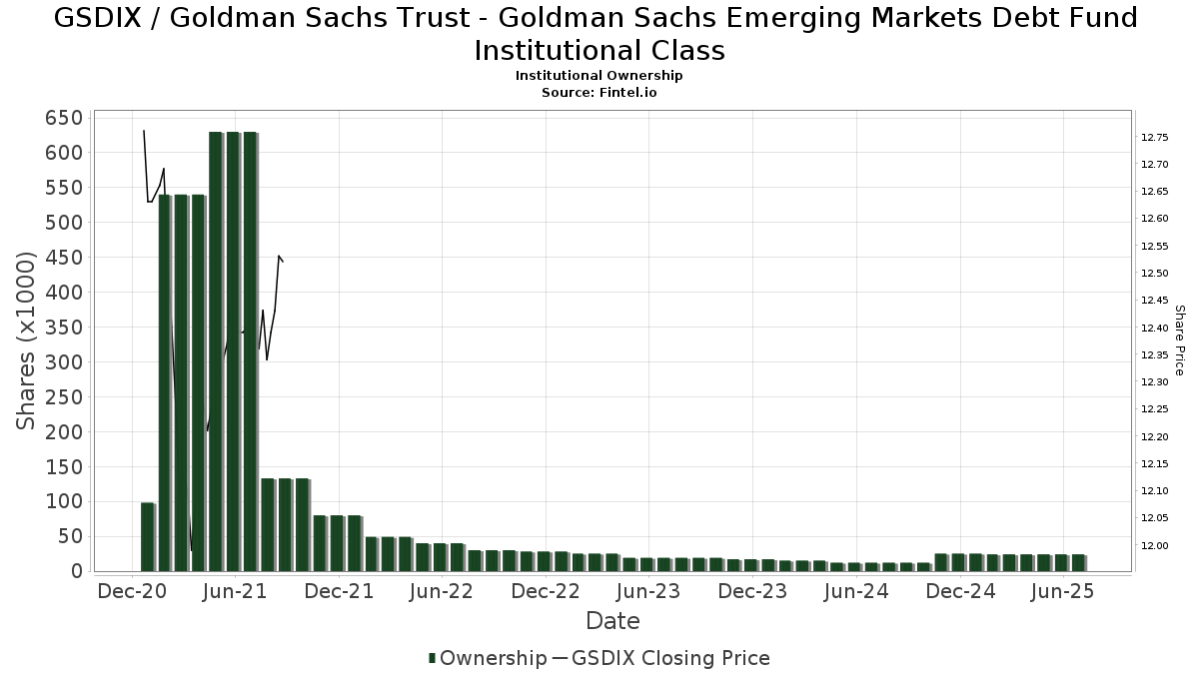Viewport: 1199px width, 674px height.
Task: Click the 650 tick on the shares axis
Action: point(63,118)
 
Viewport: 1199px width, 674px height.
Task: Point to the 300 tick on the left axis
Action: point(63,362)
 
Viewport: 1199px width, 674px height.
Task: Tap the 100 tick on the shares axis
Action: point(63,502)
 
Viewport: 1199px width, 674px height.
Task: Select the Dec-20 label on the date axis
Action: point(132,591)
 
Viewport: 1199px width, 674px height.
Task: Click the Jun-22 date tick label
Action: point(441,591)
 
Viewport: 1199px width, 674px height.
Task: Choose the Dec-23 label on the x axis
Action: point(752,591)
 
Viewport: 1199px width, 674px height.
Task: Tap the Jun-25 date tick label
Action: point(1063,591)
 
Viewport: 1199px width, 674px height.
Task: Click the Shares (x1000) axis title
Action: point(26,340)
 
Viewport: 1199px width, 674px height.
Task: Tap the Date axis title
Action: point(612,621)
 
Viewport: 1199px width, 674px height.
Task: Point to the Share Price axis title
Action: point(1179,340)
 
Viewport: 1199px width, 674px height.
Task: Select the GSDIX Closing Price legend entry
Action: point(670,658)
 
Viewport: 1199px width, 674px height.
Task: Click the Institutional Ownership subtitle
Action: point(599,76)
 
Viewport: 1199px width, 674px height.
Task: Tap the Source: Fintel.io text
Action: point(599,92)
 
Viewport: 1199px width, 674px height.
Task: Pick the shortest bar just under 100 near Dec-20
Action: point(148,536)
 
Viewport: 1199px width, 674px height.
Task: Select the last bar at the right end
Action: point(1079,562)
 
